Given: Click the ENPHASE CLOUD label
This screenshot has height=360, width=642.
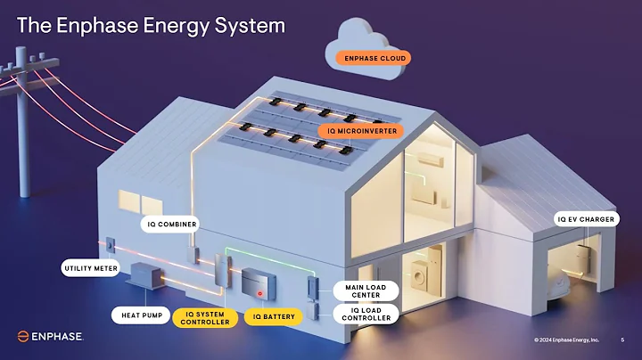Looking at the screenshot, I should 374,58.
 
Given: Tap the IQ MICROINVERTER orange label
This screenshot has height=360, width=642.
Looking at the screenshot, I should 361,131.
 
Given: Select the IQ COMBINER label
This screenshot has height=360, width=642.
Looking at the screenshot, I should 171,224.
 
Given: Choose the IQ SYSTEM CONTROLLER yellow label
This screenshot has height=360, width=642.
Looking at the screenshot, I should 206,317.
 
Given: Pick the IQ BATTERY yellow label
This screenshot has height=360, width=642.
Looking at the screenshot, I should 274,315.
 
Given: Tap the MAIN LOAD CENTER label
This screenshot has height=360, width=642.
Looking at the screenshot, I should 366,290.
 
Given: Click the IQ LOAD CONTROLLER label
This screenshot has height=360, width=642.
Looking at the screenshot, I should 366,314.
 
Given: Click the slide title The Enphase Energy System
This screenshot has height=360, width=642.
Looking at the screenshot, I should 152,25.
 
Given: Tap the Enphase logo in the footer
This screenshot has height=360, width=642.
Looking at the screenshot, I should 50,337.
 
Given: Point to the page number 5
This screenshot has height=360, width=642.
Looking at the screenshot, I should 622,340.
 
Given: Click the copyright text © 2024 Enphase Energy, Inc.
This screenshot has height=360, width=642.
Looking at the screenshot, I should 567,340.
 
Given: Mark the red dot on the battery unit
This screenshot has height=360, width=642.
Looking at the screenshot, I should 259,292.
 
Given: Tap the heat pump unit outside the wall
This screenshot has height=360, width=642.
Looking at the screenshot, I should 145,276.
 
